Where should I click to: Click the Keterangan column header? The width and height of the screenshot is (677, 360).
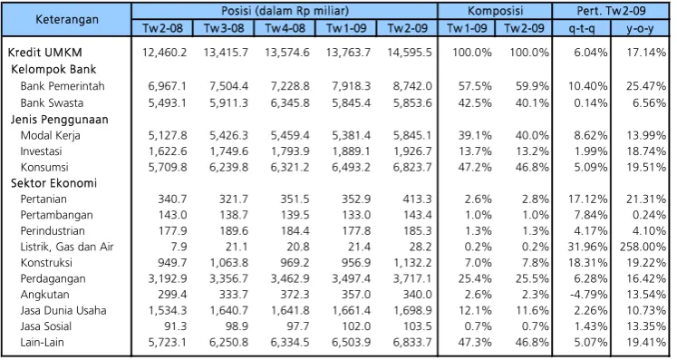coord(67,19)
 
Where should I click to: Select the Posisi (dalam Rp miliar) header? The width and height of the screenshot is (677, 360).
coord(285,11)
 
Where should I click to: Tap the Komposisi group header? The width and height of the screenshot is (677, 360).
coord(495,11)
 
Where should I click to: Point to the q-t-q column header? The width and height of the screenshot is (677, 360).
coord(582,28)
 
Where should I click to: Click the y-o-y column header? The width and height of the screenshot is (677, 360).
coord(640,28)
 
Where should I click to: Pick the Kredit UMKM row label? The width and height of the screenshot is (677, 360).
coord(45,53)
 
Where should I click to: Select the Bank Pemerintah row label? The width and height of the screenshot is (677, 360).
coord(63,86)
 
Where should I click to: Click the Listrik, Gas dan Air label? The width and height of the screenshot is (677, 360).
coord(67,247)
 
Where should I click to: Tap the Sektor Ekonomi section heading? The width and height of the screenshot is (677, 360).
coord(53,183)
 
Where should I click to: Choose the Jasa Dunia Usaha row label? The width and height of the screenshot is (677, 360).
coord(63,310)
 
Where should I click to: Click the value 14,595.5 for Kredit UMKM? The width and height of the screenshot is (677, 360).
coord(410,53)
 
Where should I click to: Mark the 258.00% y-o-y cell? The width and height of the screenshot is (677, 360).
coord(643,247)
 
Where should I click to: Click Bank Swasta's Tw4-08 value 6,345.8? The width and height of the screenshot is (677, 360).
coord(290,102)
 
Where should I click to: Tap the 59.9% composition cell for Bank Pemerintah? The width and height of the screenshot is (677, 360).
coord(532,86)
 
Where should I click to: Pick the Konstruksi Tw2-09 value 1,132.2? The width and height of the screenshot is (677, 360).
coord(412,263)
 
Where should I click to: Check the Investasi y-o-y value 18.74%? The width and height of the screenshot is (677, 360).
coord(646,151)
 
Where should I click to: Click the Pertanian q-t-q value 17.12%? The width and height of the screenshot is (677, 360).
coord(587,199)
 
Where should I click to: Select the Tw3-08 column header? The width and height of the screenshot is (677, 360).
coord(224,28)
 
